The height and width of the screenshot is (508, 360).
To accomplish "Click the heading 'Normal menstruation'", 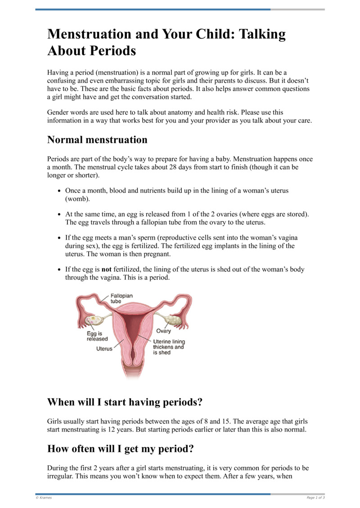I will [x=97, y=140].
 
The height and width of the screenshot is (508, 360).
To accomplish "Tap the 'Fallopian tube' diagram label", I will [x=121, y=299].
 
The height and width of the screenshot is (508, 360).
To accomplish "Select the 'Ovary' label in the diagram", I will [x=163, y=331].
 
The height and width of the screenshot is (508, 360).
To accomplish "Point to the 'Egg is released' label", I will [x=97, y=336].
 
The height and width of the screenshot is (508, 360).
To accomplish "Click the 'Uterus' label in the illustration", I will [x=104, y=348].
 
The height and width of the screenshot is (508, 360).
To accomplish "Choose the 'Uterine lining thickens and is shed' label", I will [x=169, y=347].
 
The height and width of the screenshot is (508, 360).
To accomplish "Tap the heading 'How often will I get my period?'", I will [x=121, y=449].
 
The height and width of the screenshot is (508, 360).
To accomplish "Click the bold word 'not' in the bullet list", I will [x=106, y=270].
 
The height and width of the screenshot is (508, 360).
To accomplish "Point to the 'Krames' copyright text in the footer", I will [x=44, y=498].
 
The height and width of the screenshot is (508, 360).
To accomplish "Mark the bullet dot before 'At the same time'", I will [x=60, y=214].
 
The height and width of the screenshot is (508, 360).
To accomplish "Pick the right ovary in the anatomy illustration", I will [x=172, y=320].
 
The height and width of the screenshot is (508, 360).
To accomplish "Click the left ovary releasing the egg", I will [x=94, y=321].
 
